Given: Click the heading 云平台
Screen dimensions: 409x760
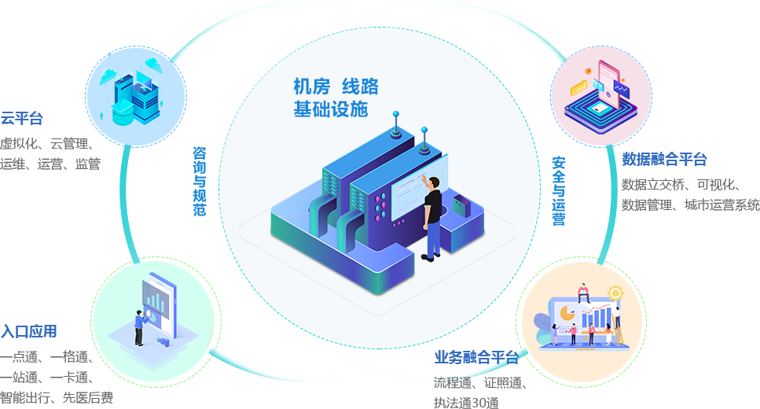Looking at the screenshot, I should [21, 119].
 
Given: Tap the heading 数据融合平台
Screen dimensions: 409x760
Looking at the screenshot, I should [664, 160].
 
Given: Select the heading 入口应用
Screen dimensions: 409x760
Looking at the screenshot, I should [28, 330].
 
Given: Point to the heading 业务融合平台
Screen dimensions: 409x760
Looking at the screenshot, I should [477, 358].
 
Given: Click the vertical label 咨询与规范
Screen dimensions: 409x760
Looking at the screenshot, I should [200, 181].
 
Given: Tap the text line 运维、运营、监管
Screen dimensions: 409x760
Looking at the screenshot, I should [51, 164].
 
